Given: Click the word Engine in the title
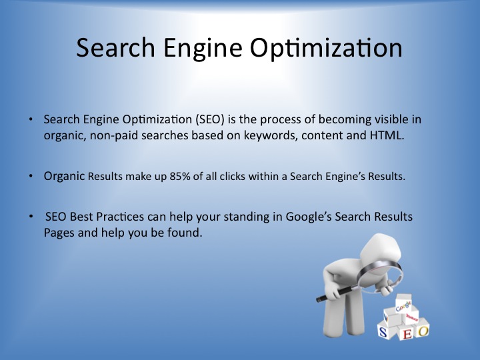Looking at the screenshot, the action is point(203,49).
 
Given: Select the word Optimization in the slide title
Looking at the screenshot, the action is point(326,49).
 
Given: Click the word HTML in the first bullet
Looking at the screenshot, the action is point(387,135).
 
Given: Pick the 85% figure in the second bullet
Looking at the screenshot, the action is point(180,176).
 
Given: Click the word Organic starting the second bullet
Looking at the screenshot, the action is point(64,177).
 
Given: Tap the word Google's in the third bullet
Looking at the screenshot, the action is point(309,217).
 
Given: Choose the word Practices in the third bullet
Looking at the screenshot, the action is point(120,217).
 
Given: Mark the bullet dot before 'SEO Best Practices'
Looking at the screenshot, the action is point(31,217).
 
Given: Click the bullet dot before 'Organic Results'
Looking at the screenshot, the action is point(31,176).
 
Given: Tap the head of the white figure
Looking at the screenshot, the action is point(381,248).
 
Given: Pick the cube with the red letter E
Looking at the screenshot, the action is point(407,332).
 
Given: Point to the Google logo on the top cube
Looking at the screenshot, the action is point(403,306).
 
